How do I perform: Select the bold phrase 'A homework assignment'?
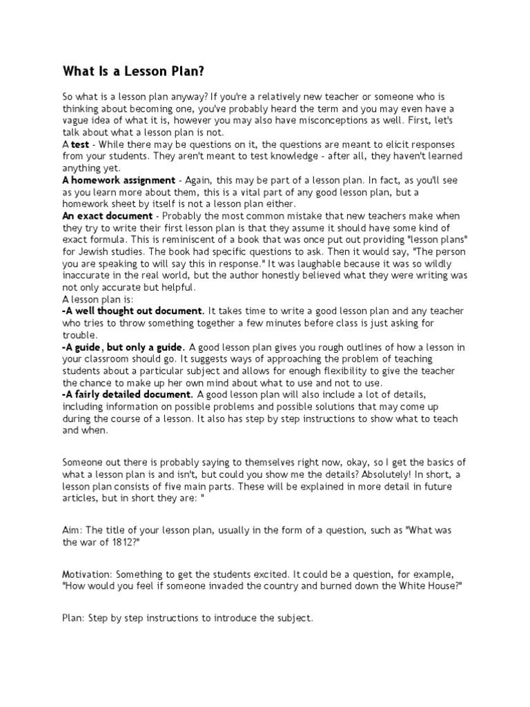pyautogui.click(x=117, y=180)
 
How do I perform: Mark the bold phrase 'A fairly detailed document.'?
pyautogui.click(x=128, y=394)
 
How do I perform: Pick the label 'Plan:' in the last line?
pyautogui.click(x=74, y=618)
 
